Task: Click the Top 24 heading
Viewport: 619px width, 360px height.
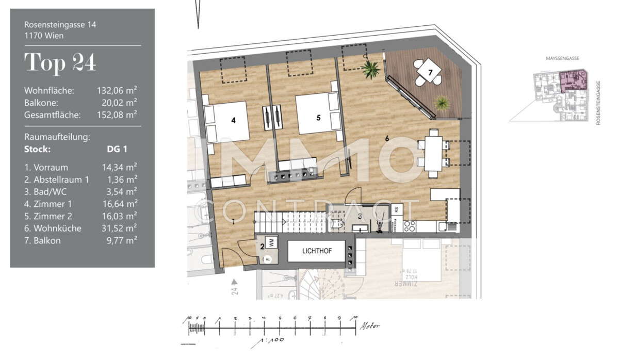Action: (x=60, y=62)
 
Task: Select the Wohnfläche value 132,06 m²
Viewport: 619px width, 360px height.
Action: (x=117, y=90)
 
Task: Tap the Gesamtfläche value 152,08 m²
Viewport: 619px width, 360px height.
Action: (x=117, y=115)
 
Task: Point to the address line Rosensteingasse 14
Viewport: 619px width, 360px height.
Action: (x=60, y=24)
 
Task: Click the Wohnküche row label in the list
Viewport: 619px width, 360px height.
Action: (x=53, y=228)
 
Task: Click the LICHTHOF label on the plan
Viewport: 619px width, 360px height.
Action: (x=317, y=251)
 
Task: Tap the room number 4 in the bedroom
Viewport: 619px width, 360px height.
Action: (x=234, y=120)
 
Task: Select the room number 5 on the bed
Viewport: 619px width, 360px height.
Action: (x=318, y=118)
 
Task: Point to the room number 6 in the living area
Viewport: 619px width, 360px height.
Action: (x=387, y=138)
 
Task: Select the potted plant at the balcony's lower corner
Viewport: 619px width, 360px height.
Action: (x=442, y=103)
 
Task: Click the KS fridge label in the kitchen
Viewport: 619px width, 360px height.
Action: (x=397, y=209)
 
